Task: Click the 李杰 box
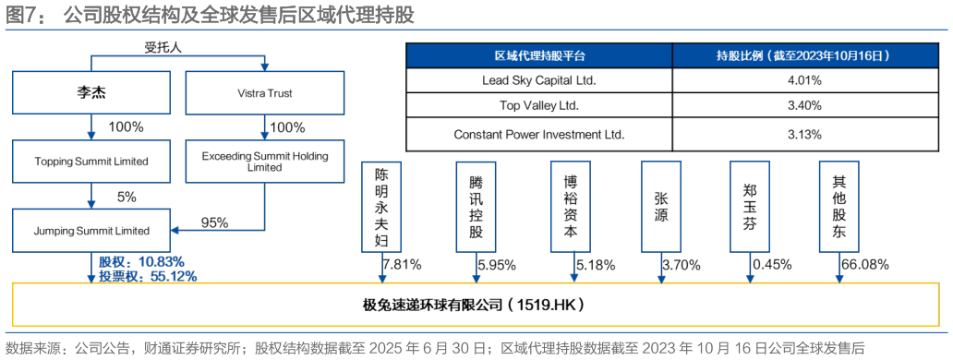[91, 93]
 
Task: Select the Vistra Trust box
[264, 93]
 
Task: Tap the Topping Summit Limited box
[91, 161]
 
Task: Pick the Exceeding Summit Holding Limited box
[264, 161]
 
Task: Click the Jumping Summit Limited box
[91, 230]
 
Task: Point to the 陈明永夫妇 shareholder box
[381, 208]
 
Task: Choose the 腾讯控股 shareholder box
[476, 206]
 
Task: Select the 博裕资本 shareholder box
[571, 206]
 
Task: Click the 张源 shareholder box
[660, 206]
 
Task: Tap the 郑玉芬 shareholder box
[749, 206]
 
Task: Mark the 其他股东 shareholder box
[838, 206]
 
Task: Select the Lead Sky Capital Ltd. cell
[539, 80]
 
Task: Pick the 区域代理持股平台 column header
[539, 55]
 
